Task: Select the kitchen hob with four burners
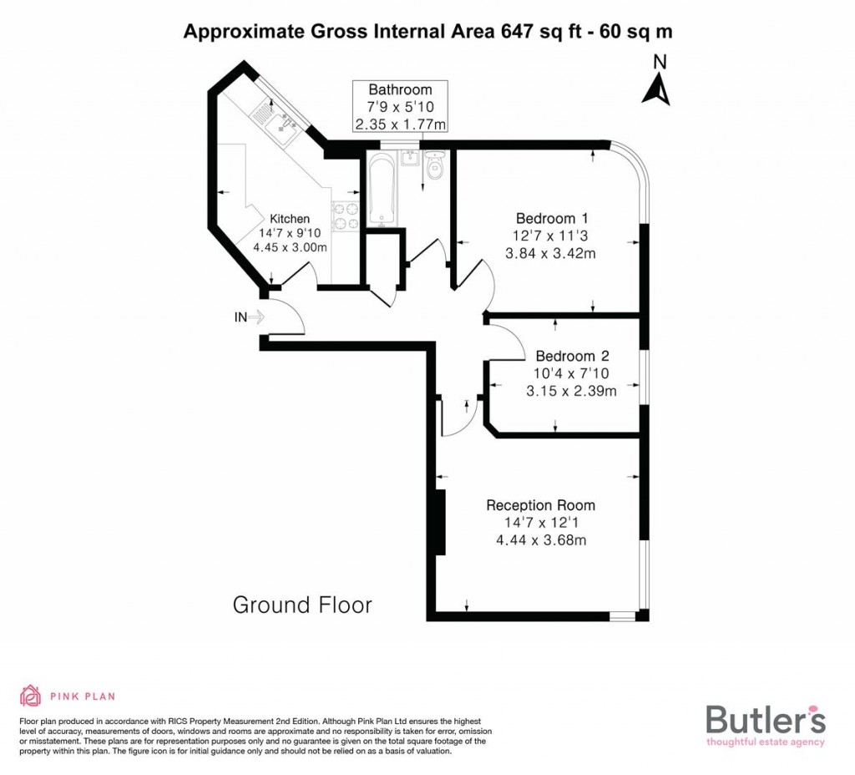[x=346, y=216]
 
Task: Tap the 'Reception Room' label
[x=540, y=505]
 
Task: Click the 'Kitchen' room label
[x=289, y=219]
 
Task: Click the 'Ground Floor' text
[x=302, y=605]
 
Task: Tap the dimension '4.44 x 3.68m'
[x=540, y=540]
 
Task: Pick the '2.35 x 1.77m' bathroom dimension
[x=401, y=124]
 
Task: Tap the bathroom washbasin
[x=409, y=159]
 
